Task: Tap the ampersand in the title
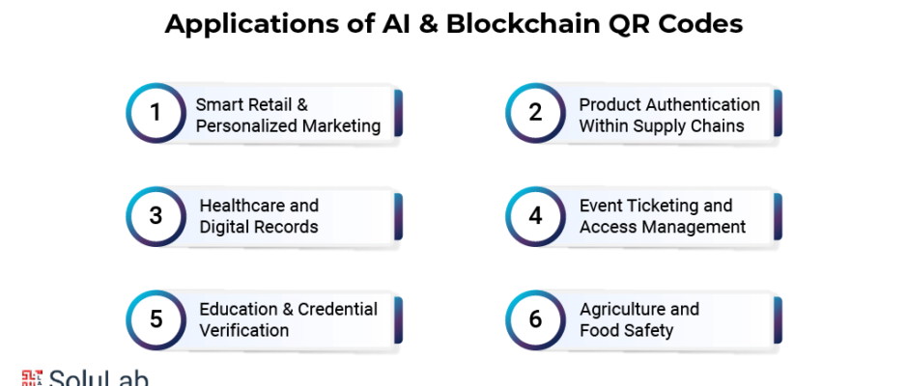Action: pyautogui.click(x=426, y=24)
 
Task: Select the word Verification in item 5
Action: pyautogui.click(x=243, y=330)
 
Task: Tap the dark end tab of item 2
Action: pyautogui.click(x=778, y=113)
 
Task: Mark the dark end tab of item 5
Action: pyautogui.click(x=398, y=320)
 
